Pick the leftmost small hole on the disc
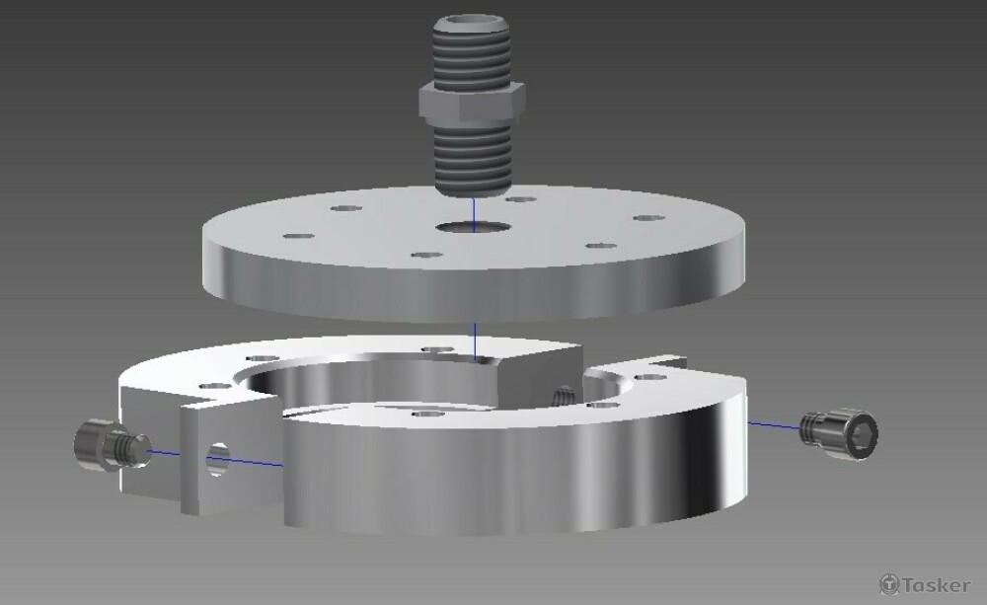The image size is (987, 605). pyautogui.click(x=298, y=237)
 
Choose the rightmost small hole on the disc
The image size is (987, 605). pyautogui.click(x=649, y=218)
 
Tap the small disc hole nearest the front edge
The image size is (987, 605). pyautogui.click(x=426, y=255)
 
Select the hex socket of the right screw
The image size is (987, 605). pyautogui.click(x=862, y=434)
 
